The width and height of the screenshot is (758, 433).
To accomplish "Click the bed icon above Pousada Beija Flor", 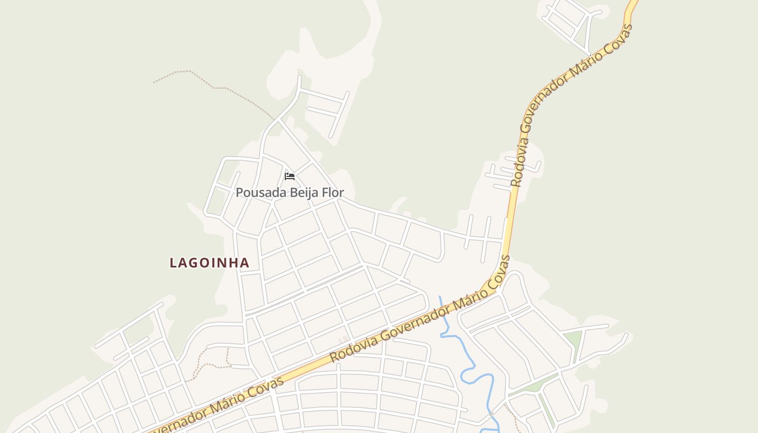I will pos(290,176).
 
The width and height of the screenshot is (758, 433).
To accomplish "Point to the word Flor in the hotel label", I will pos(333,193).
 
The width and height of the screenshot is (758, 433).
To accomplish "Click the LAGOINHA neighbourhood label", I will pos(210,263).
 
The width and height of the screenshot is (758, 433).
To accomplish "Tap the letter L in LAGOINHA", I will pos(174,263).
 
